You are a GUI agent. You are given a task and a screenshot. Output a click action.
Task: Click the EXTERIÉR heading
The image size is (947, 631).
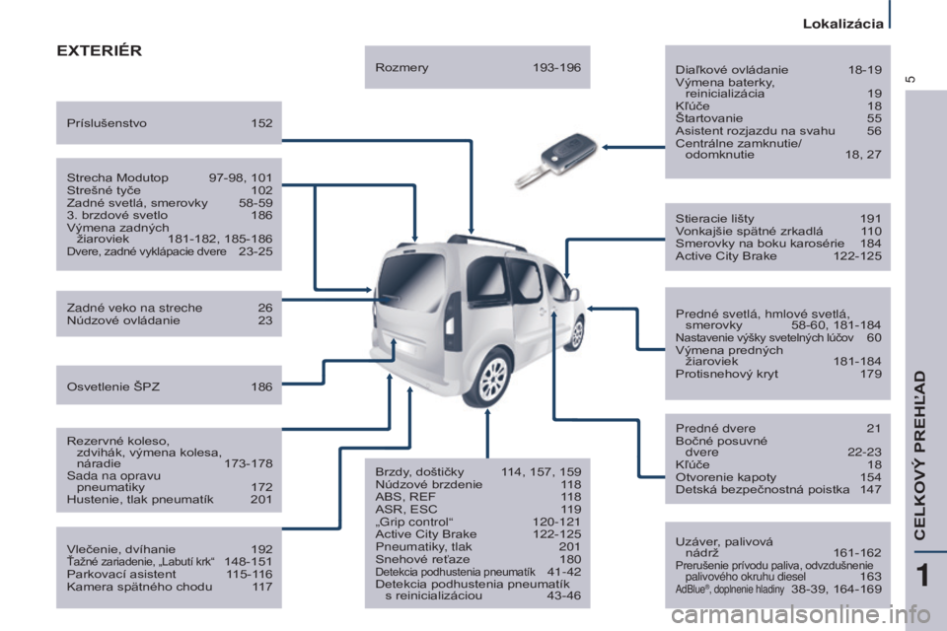pyautogui.click(x=99, y=50)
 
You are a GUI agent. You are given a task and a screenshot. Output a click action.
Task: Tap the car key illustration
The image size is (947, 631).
pyautogui.click(x=555, y=160)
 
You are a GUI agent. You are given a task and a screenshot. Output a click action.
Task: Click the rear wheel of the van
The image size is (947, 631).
pyautogui.click(x=493, y=377)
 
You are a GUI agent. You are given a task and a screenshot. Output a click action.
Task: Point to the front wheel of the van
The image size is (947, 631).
pyautogui.click(x=577, y=333)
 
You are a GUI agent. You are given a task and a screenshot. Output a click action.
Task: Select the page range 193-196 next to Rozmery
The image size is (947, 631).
pyautogui.click(x=556, y=68)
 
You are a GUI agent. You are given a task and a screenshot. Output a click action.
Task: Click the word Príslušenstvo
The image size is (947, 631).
pyautogui.click(x=107, y=123)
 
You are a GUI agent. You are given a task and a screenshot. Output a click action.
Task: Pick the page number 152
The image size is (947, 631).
pyautogui.click(x=261, y=123)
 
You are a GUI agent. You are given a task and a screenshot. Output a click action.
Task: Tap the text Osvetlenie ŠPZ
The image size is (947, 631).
pyautogui.click(x=112, y=386)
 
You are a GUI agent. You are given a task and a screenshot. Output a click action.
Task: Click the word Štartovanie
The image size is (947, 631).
pyautogui.click(x=709, y=118)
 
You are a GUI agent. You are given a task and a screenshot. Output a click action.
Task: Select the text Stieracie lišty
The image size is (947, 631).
pyautogui.click(x=714, y=219)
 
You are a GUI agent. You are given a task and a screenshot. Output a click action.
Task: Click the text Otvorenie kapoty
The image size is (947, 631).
pyautogui.click(x=725, y=477)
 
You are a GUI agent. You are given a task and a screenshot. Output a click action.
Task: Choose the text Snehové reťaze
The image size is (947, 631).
pyautogui.click(x=422, y=559)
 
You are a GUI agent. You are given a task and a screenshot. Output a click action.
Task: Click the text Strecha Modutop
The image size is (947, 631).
pyautogui.click(x=117, y=177)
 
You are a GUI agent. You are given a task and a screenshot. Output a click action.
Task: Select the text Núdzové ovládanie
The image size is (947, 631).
pyautogui.click(x=123, y=320)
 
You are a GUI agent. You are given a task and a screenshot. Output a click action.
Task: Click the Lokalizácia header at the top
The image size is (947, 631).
pyautogui.click(x=842, y=24)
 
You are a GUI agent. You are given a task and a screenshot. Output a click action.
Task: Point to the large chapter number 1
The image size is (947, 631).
pyautogui.click(x=922, y=575)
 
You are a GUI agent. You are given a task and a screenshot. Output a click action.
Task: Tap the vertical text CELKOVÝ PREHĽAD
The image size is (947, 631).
pyautogui.click(x=919, y=456)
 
